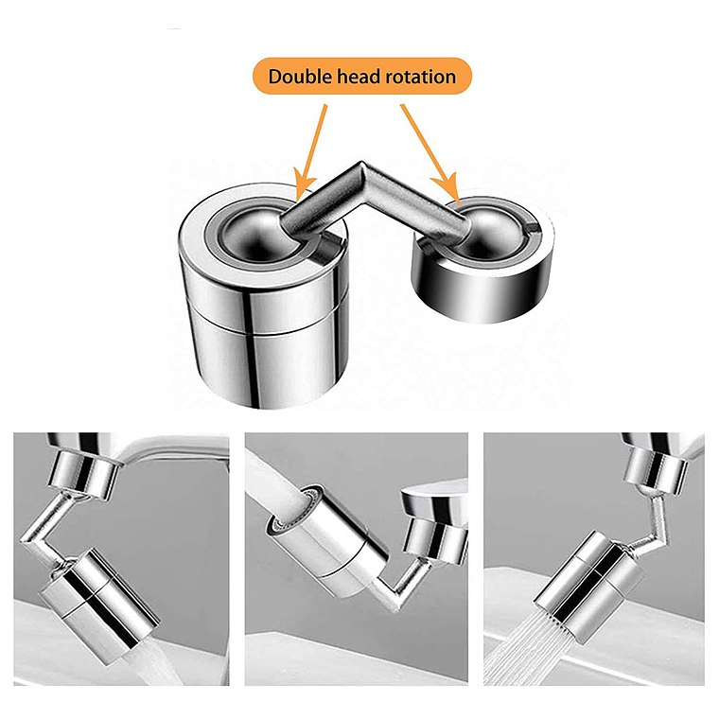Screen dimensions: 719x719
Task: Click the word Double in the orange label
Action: tap(301, 76)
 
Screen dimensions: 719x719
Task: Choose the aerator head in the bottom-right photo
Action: tap(590, 587)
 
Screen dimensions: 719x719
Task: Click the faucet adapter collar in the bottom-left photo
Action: tap(83, 475)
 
